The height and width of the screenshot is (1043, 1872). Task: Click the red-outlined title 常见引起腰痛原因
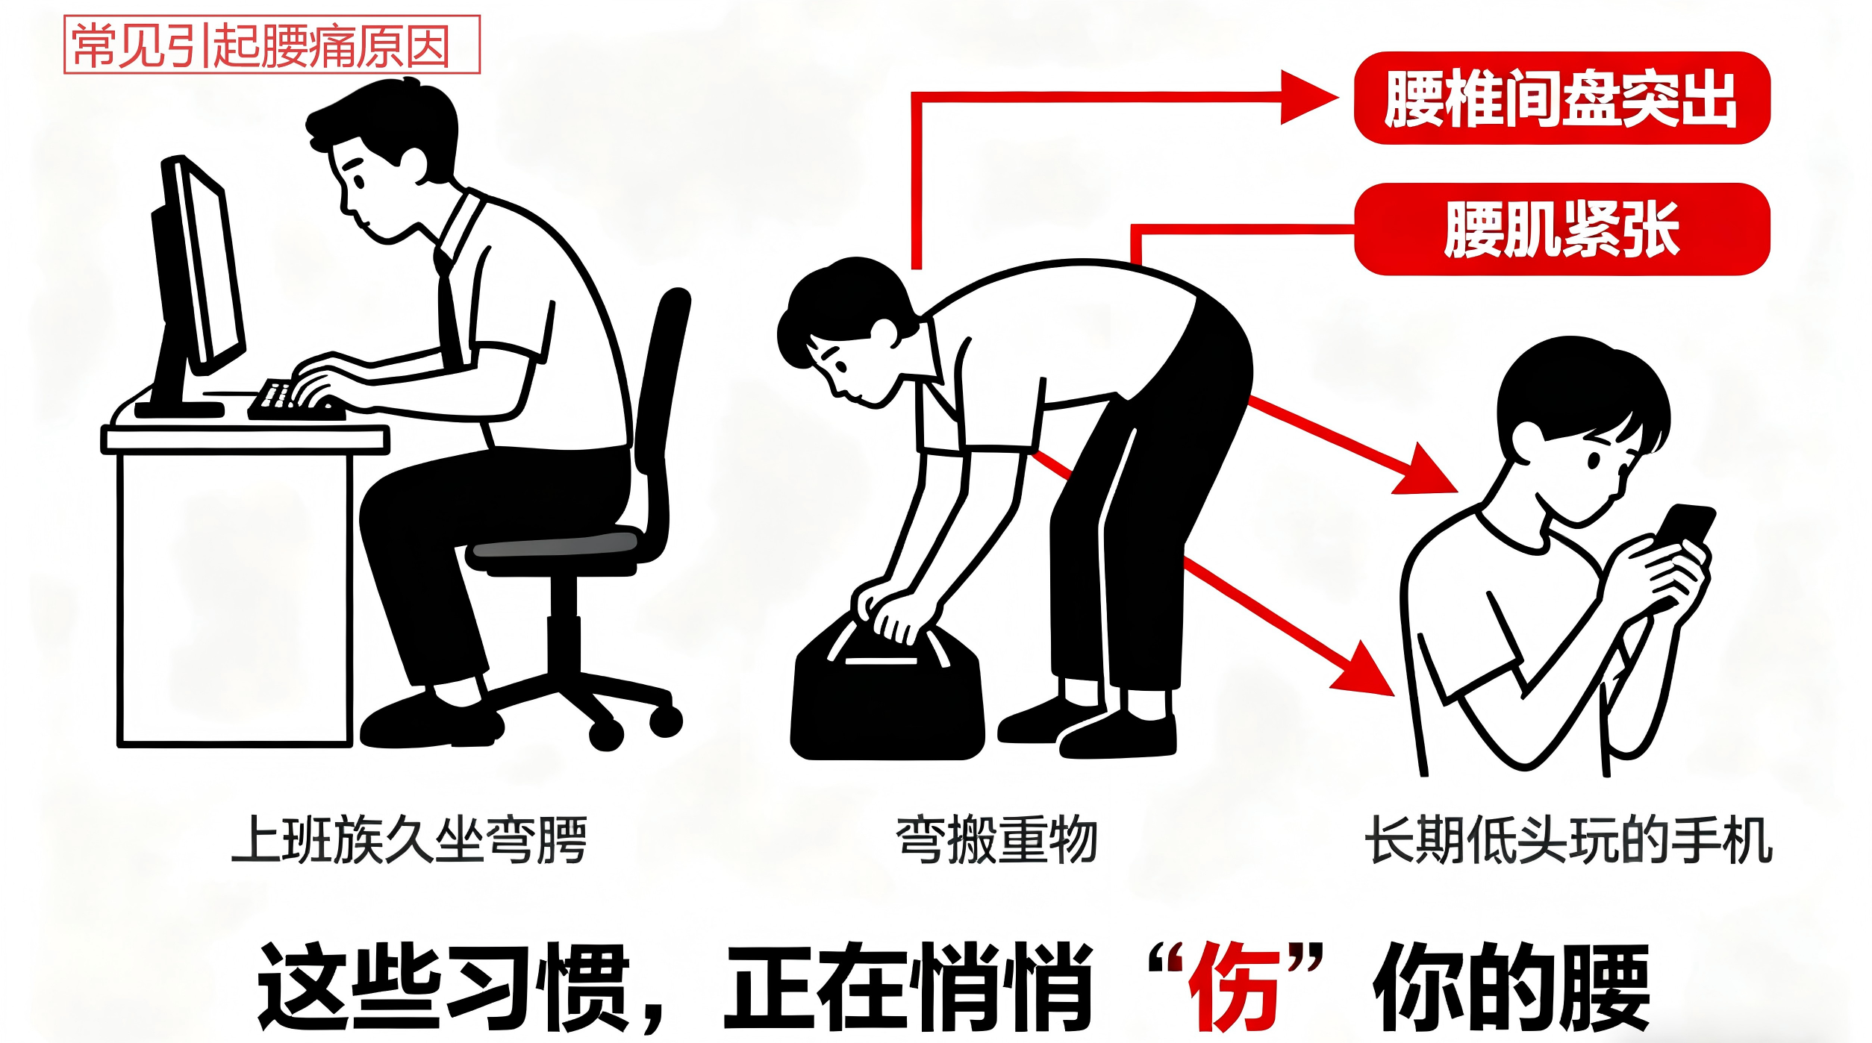click(x=272, y=45)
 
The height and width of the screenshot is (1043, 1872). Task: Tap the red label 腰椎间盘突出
click(x=1562, y=98)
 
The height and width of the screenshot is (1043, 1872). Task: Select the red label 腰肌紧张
click(x=1562, y=229)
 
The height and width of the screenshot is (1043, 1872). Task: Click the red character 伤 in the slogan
click(x=1236, y=987)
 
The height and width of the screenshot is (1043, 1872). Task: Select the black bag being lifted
click(x=887, y=690)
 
